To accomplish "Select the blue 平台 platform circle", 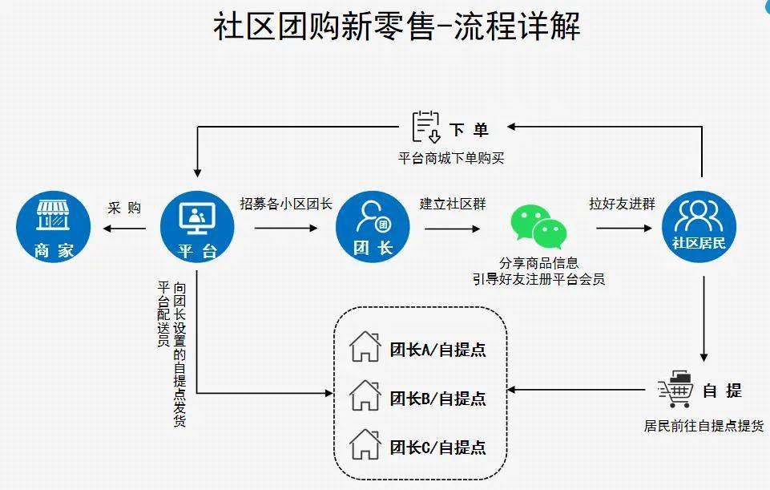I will [197, 227].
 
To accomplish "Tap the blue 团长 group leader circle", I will [373, 227].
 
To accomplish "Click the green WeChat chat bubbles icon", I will [539, 227].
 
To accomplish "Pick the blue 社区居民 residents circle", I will [702, 227].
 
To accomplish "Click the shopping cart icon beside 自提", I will [675, 389].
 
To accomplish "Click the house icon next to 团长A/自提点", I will [365, 347].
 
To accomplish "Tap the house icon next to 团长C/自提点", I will [365, 444].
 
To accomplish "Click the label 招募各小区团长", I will [286, 204].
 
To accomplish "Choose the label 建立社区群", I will [453, 204].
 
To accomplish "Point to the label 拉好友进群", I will [622, 204].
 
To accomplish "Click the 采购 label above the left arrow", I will [124, 209].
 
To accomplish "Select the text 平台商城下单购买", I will [452, 158].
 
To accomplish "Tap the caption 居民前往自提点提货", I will [703, 426].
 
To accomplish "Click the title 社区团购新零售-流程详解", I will [397, 27].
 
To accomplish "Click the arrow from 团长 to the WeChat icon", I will [453, 229].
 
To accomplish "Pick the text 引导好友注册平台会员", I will [538, 279].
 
